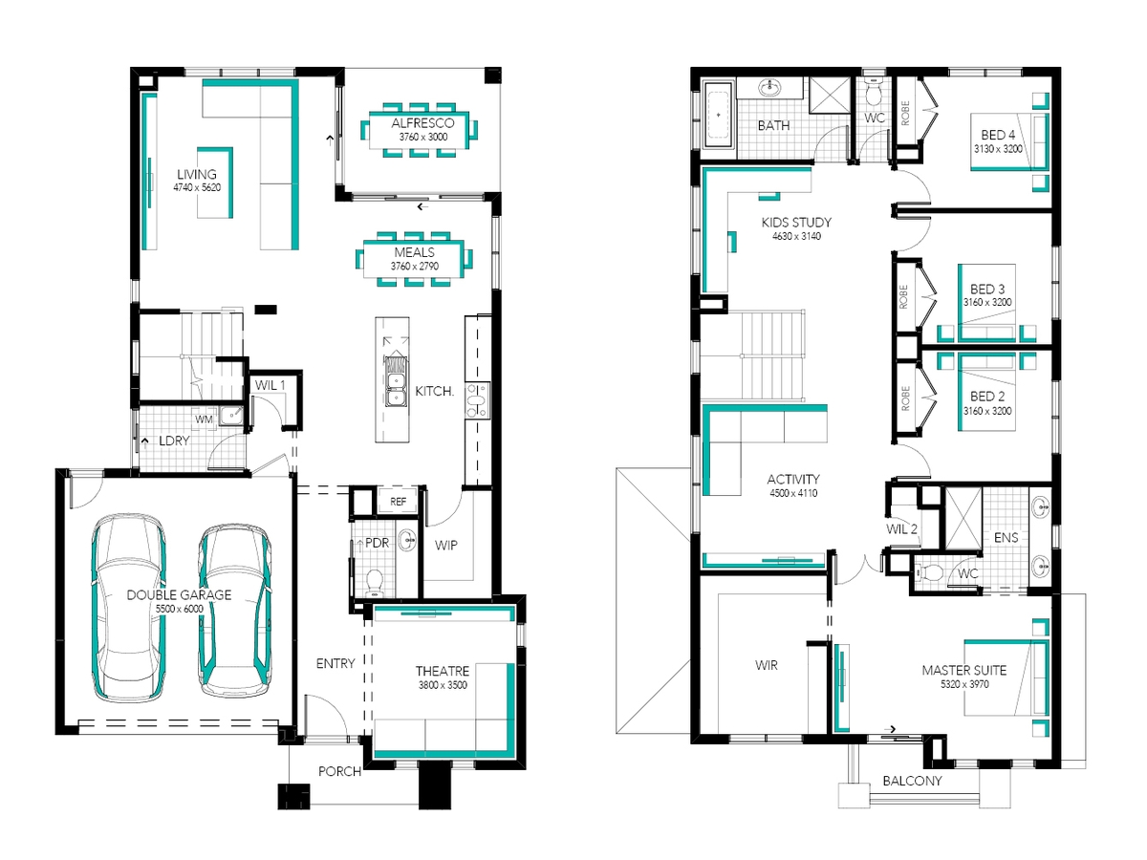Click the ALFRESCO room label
coord(422,123)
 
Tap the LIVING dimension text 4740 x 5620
coord(197,187)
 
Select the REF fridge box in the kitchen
coord(398,502)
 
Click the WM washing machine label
coord(204,419)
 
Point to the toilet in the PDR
coord(374,583)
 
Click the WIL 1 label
coord(271,385)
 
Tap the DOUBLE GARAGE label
coord(179,594)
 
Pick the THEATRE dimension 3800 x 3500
coord(443,685)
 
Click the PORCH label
coord(339,771)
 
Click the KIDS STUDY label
coord(796,223)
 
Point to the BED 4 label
coord(998,135)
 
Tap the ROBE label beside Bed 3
coord(904,296)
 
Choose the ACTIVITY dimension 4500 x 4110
coord(793,493)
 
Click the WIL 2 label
coord(901,529)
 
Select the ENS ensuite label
coord(1006,537)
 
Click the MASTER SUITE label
coord(964,670)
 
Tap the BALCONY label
coord(913,781)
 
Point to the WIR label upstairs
coord(766,665)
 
